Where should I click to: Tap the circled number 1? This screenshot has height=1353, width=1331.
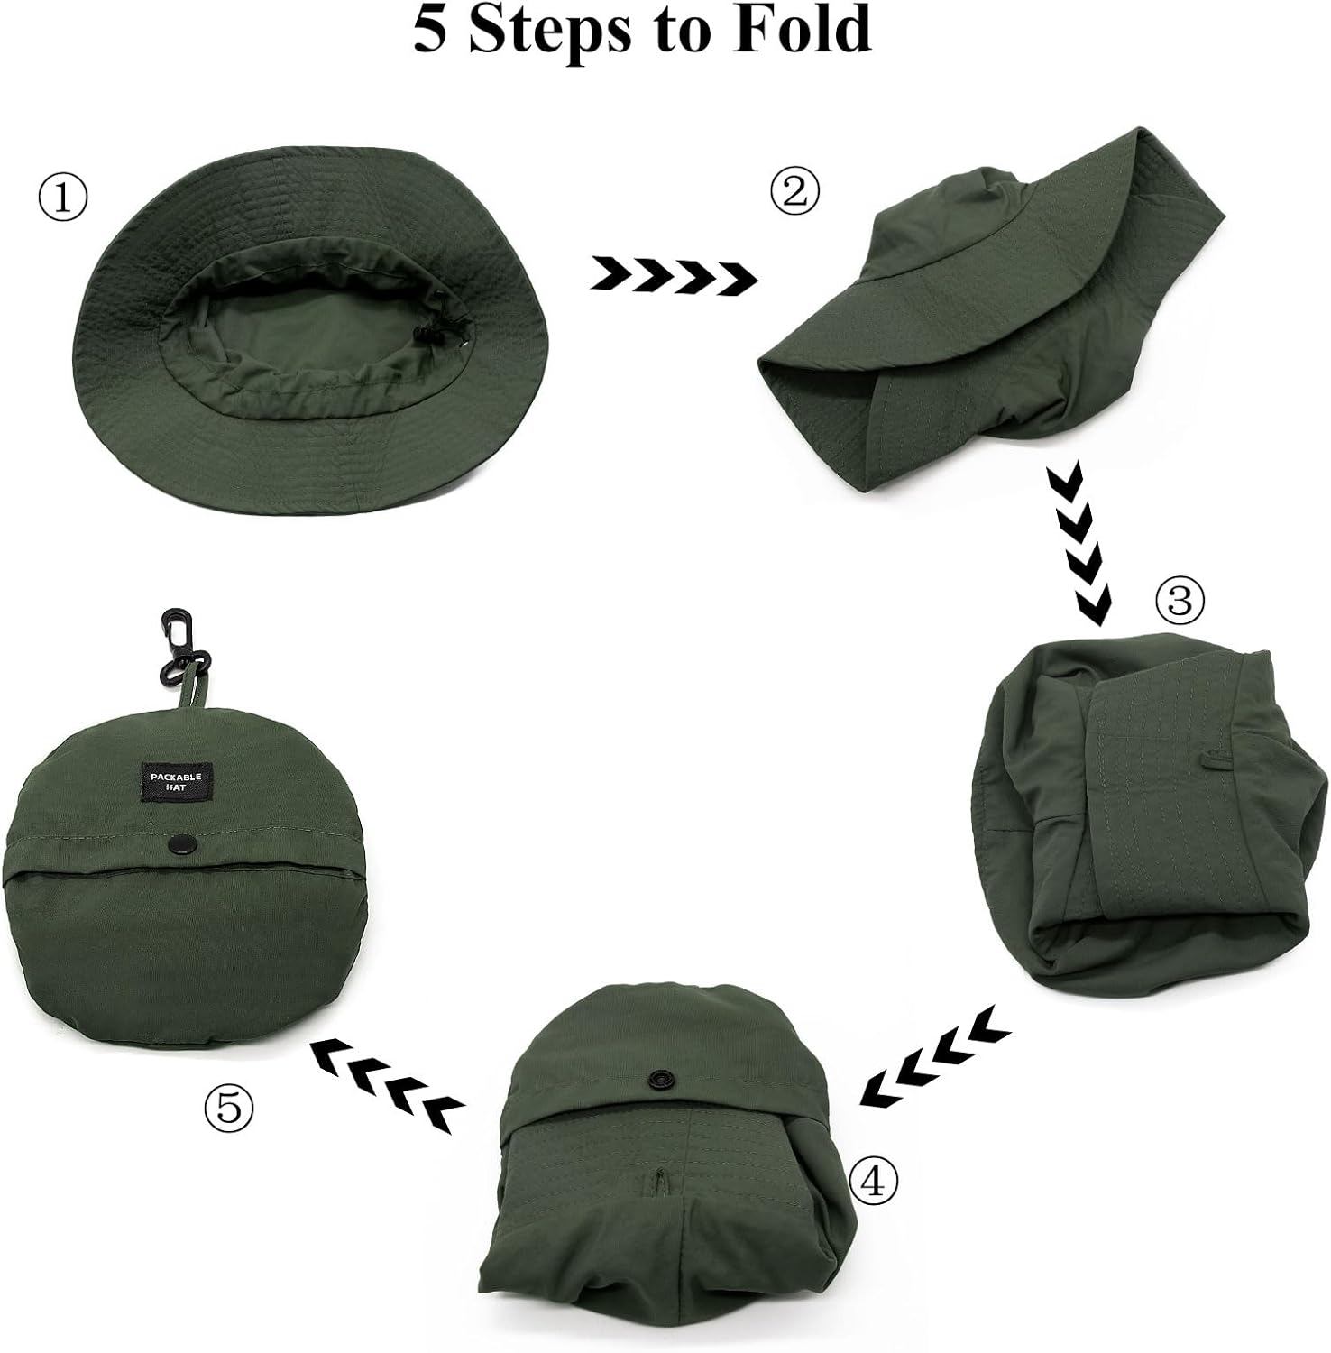point(63,198)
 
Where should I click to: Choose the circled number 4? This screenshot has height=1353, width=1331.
point(874,1182)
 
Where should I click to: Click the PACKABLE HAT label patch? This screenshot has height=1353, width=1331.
point(177,782)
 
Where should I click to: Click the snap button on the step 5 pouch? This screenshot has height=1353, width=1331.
point(181,843)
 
